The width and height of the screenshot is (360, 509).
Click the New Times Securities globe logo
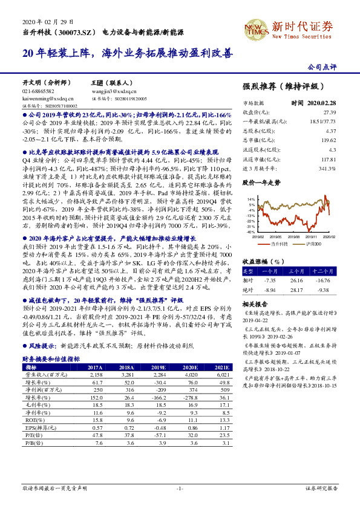255,27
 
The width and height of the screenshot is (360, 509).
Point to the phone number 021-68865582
38,91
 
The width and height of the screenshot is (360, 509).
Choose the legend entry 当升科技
278,243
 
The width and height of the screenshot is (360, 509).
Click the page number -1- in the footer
180,487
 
